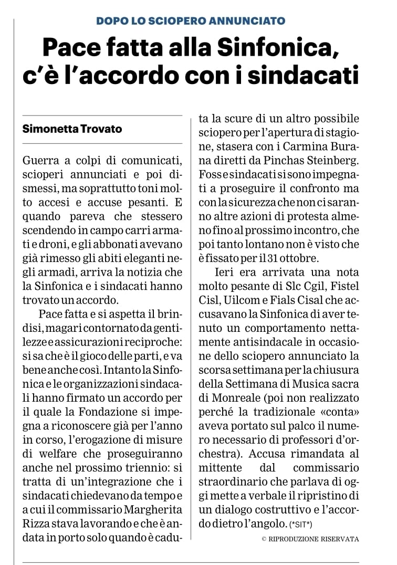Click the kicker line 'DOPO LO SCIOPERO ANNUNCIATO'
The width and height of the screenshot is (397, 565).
click(x=191, y=21)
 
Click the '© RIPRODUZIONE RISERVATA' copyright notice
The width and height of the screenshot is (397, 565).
click(x=310, y=538)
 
